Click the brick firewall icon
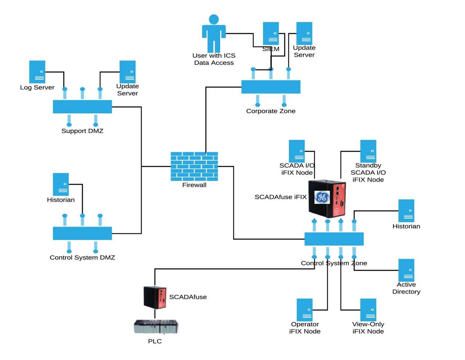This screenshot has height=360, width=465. pos(194,166)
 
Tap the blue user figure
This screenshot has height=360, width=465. pos(214,33)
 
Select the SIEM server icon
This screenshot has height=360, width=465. pos(271,33)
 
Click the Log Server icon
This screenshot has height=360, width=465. pos(37,72)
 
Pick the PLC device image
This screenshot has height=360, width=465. pos(156,327)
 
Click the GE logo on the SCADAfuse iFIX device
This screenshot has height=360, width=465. pos(322,197)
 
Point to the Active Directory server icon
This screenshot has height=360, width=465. pos(406,270)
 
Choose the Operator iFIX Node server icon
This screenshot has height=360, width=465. pos(304,310)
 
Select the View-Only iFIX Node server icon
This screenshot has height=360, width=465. pos(368,310)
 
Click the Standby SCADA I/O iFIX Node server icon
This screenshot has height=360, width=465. pos(368,151)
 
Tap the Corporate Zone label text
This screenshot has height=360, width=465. pos(271,111)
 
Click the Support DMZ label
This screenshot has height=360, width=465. pos(82,131)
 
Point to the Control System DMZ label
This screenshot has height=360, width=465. pos(82,257)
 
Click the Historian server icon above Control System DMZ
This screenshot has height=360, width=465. pos(61,184)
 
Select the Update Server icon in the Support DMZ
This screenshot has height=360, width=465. pos(128,72)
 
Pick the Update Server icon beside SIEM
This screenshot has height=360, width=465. pos(304,33)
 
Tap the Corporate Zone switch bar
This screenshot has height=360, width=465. pos(271,87)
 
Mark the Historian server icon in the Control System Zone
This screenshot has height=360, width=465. pos(406,211)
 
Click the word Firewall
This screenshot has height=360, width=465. pos(194,185)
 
